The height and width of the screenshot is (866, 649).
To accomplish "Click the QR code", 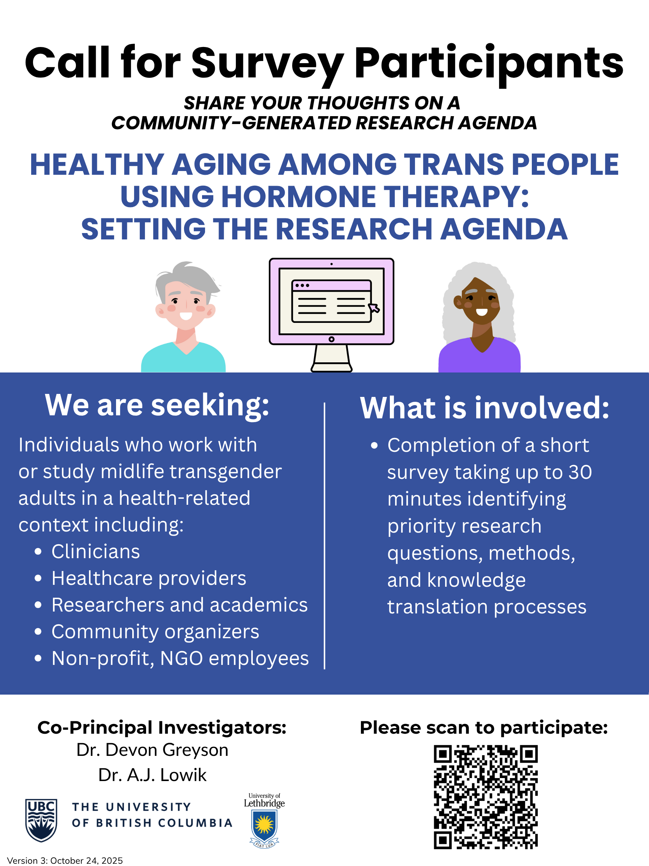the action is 486,797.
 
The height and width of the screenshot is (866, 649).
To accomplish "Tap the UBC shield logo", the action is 41,820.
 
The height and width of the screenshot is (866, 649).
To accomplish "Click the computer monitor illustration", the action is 331,315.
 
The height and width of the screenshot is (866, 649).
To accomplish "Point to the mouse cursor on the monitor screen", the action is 374,308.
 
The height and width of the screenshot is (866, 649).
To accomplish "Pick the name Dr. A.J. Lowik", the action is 152,775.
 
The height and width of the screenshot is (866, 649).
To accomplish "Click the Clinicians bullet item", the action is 95,551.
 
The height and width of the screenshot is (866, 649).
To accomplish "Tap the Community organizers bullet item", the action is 155,631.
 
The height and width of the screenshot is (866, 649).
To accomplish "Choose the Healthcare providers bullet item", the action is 149,578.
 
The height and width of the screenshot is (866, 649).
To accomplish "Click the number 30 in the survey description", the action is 580,472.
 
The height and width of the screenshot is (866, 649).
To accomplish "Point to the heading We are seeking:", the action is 157,405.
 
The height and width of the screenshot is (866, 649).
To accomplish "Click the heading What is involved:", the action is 485,407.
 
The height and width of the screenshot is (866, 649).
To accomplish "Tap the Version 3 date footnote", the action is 65,860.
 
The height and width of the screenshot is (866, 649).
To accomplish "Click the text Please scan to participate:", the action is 484,728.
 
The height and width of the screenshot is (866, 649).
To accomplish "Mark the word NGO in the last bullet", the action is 181,658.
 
